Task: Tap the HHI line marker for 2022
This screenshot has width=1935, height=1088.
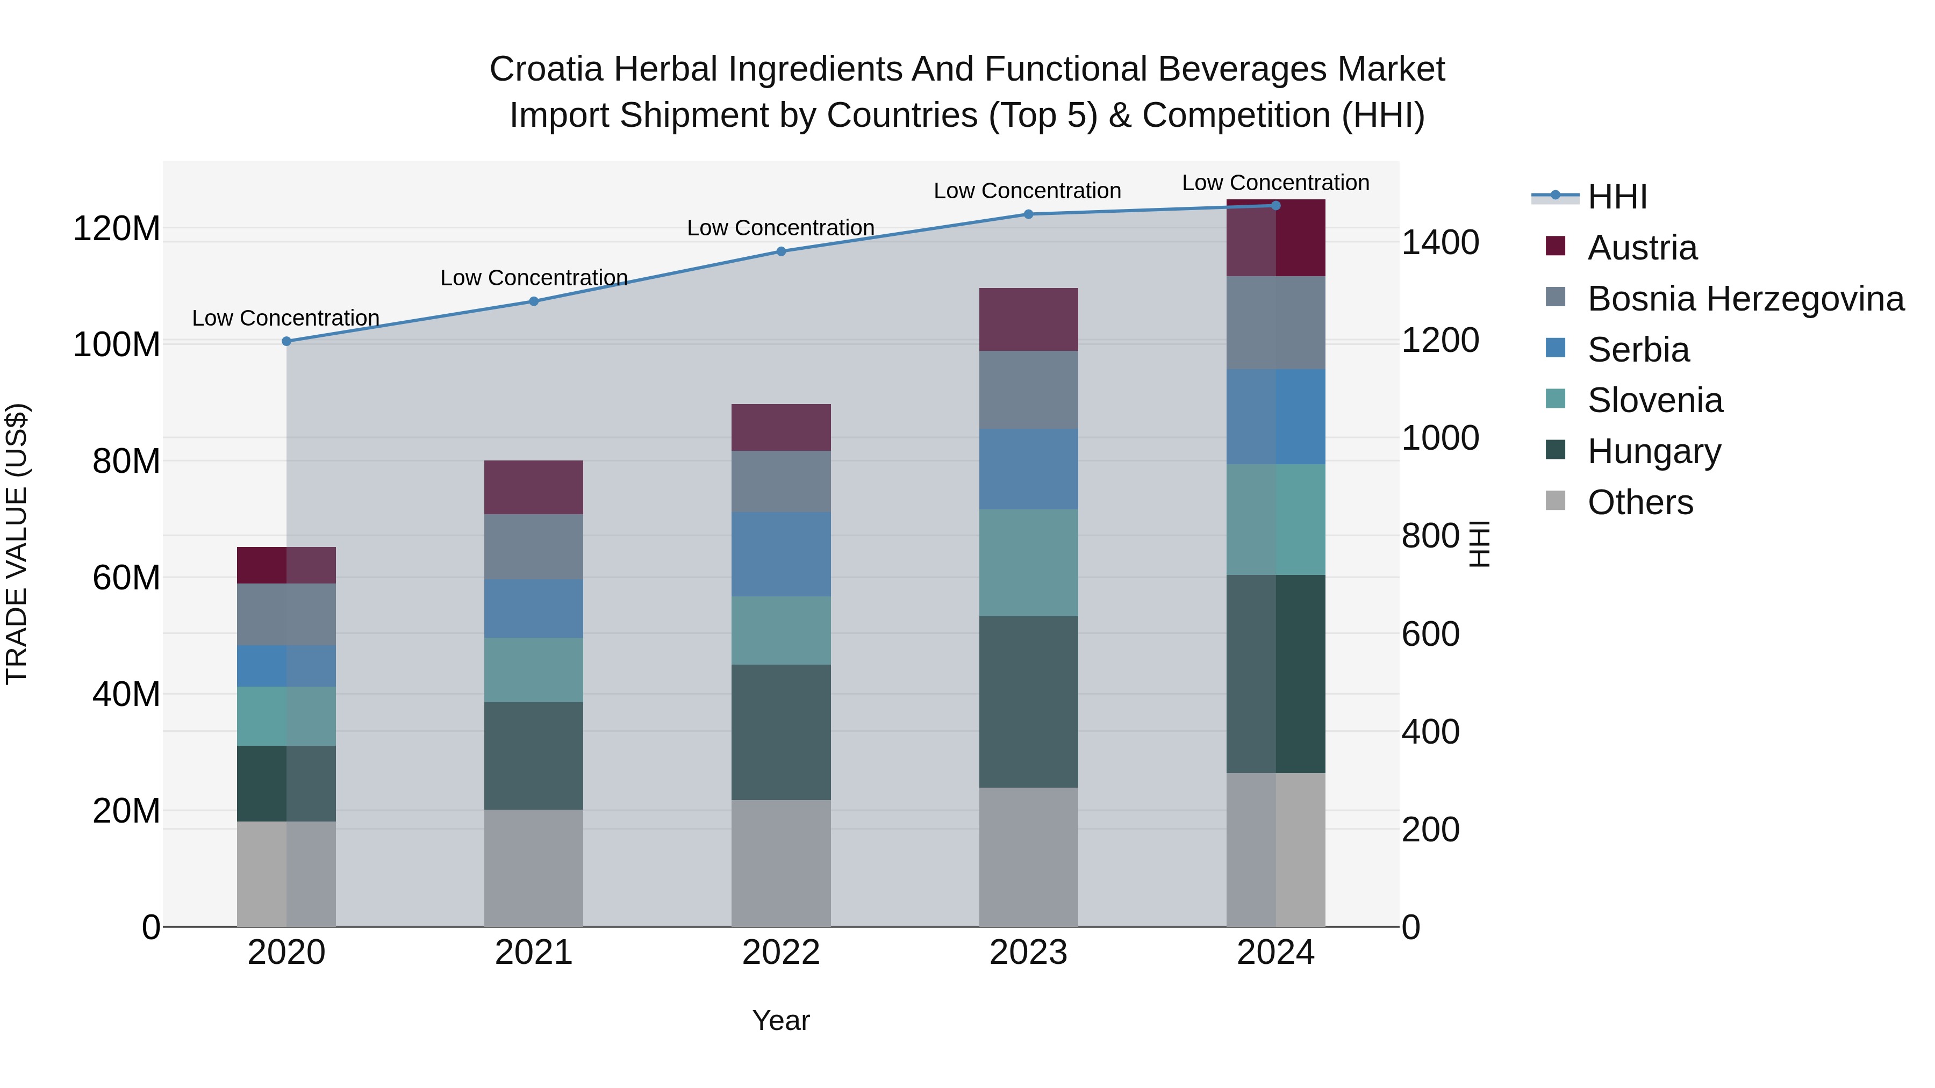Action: coord(781,251)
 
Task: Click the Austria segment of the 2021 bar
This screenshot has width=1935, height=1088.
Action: coord(533,487)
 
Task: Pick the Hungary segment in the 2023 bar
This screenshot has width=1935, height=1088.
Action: coord(1028,702)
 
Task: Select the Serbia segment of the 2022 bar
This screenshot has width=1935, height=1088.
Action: coord(781,554)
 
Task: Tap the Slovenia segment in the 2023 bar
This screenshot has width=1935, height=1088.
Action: coord(1028,563)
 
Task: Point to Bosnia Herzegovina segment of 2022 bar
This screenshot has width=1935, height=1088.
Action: coord(781,481)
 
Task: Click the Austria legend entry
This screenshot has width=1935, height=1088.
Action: coord(1642,248)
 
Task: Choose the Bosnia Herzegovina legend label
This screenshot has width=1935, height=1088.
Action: coord(1745,299)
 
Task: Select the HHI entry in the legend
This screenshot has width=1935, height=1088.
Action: coord(1617,197)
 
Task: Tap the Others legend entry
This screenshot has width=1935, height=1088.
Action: coord(1640,502)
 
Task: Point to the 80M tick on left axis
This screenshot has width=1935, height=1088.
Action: coord(126,462)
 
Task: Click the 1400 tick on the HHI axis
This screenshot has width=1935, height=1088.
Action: coord(1440,242)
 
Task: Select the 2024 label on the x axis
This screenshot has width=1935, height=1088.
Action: coord(1275,953)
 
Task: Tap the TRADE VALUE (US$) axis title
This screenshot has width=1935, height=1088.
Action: coord(17,544)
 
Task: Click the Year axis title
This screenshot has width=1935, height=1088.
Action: coord(780,1020)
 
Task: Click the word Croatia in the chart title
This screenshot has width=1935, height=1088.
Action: coord(546,69)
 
